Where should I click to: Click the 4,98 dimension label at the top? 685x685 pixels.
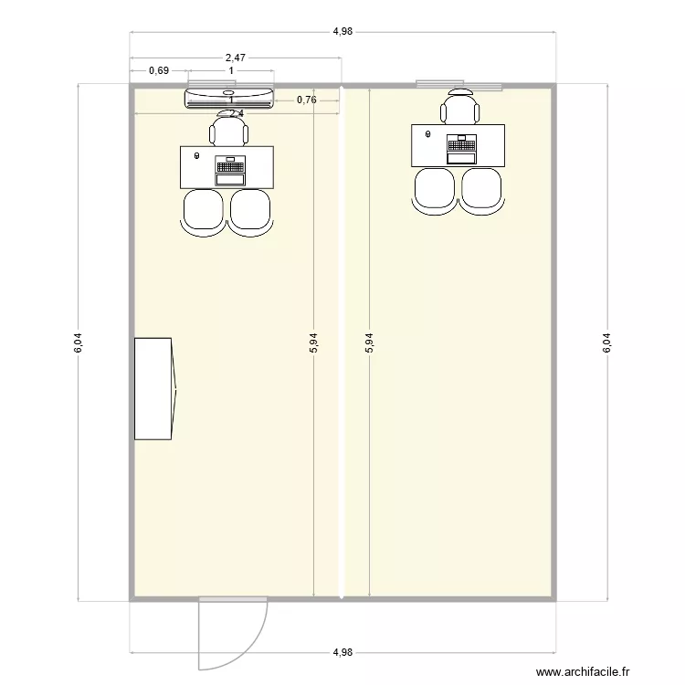[342, 31]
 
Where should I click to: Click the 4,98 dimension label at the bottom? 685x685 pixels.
[342, 652]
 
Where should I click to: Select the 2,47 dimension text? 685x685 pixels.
[235, 58]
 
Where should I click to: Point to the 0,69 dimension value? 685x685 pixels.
[158, 70]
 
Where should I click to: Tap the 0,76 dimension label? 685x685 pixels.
[307, 100]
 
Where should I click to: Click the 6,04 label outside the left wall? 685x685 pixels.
[79, 342]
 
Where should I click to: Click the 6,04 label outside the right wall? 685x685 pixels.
[606, 342]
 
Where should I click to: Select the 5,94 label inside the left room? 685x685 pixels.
[314, 342]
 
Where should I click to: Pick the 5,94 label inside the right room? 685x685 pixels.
[369, 342]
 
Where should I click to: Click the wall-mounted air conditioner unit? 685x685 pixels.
[229, 97]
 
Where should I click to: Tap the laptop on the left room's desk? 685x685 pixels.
[230, 170]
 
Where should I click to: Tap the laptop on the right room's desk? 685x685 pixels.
[461, 148]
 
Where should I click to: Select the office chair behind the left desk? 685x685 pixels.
[228, 130]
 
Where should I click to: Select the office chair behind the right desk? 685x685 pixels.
[459, 109]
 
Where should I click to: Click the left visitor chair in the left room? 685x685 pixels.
[204, 212]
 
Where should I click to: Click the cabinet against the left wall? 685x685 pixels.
[154, 388]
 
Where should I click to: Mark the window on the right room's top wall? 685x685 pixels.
[458, 85]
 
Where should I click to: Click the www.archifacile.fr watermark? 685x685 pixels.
[582, 671]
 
